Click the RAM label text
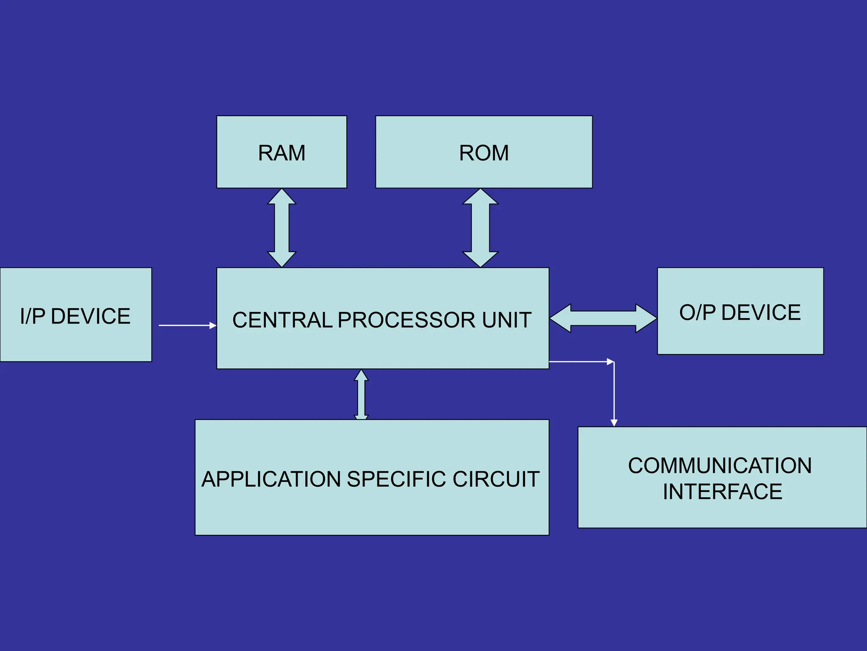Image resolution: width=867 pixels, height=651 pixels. point(282,153)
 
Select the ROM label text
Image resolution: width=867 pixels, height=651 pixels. point(484,153)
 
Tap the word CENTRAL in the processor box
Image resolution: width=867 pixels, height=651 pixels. point(282,320)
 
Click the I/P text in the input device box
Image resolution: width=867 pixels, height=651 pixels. point(33,316)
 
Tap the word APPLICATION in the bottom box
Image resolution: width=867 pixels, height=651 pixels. point(271,479)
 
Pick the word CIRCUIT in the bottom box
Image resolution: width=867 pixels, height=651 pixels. point(496,479)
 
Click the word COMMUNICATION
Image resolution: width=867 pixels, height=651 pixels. point(720,466)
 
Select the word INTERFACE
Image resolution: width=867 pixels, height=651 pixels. point(722,492)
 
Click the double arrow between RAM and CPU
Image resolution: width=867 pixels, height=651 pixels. point(282,228)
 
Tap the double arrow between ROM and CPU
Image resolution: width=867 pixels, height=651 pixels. point(480,228)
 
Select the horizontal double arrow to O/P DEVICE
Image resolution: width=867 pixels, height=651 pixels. point(603,318)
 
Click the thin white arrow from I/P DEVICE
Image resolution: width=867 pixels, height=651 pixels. point(186,325)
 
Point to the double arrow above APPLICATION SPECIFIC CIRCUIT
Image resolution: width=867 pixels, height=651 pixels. point(361,395)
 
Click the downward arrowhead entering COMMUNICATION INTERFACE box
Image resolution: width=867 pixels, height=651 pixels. point(614,423)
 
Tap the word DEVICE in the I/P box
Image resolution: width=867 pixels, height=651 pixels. point(91,316)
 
